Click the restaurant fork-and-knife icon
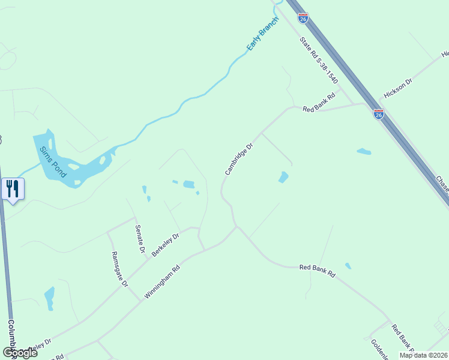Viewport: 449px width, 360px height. pos(12,189)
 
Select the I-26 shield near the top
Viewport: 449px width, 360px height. pos(303,19)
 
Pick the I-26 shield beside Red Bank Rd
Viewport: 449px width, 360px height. pos(378,114)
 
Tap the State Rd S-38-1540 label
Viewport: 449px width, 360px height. pos(319,60)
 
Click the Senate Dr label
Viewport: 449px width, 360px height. pos(140,239)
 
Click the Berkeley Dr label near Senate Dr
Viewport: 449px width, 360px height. pos(166,245)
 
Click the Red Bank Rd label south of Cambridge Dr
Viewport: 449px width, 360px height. pos(317,271)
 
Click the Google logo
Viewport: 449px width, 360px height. pos(19,353)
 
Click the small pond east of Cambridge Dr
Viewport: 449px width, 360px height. pos(283,177)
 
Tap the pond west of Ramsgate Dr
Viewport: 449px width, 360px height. pos(49,298)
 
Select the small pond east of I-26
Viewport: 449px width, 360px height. pos(364,151)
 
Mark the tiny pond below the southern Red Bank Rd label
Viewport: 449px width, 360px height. pos(348,266)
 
